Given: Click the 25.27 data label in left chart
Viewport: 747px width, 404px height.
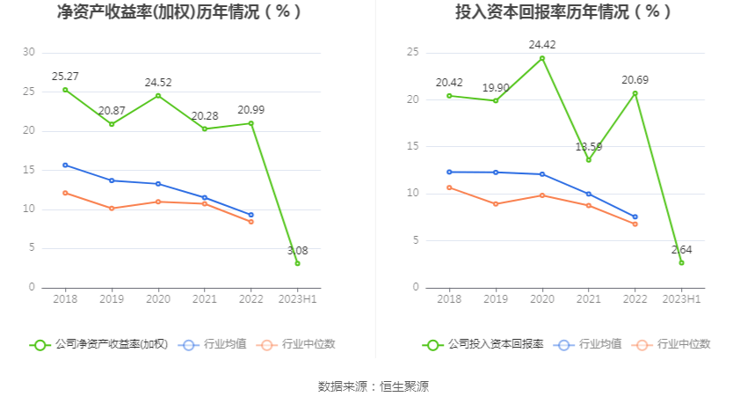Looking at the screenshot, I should tap(66, 76).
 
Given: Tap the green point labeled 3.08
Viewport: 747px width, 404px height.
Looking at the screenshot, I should tap(298, 263).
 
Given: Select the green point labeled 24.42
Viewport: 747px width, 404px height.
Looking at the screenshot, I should tap(542, 58).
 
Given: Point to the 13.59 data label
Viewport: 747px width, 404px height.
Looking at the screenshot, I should tap(590, 146).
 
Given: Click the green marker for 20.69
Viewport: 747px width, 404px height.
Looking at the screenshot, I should tap(635, 93).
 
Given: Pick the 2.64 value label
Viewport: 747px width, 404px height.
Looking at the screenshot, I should tap(682, 250).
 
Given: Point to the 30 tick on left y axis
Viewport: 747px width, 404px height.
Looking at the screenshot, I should tap(29, 53).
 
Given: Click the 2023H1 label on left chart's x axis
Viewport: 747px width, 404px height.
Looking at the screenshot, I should tap(298, 300).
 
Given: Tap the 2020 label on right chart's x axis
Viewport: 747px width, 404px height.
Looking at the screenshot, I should tap(542, 300).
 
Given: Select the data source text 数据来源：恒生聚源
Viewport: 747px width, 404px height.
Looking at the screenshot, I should tap(373, 386).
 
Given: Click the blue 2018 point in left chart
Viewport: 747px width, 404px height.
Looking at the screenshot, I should tap(66, 165).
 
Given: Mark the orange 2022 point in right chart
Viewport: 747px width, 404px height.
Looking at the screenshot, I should tap(635, 224).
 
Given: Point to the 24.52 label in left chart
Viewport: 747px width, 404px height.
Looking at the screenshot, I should tap(158, 83).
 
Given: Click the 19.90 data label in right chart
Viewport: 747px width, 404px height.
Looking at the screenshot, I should tap(496, 88).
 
